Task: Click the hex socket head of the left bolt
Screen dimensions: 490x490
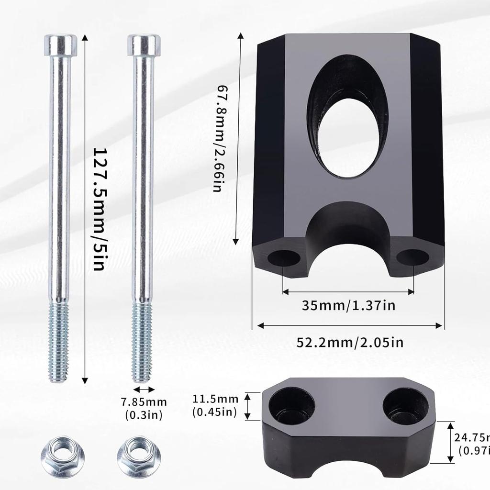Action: [x=60, y=45]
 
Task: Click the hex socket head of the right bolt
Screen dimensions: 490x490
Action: [x=144, y=45]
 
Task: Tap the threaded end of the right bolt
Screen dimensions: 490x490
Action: [x=142, y=342]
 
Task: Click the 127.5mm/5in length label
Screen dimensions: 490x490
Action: [x=99, y=209]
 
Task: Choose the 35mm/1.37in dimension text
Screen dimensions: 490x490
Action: [x=348, y=305]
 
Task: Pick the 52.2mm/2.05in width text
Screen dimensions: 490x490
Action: [x=350, y=342]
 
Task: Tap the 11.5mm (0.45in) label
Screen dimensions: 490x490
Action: [x=215, y=405]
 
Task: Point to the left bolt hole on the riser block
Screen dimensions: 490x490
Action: [x=283, y=257]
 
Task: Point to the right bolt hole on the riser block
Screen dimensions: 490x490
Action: [x=412, y=257]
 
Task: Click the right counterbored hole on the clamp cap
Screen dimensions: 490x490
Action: [x=406, y=406]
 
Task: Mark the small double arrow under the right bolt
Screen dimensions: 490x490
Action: [x=144, y=390]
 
